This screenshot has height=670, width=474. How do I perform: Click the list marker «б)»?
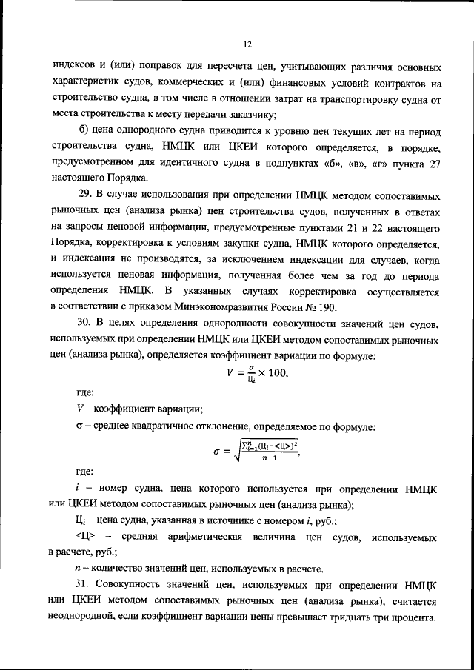(83, 132)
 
